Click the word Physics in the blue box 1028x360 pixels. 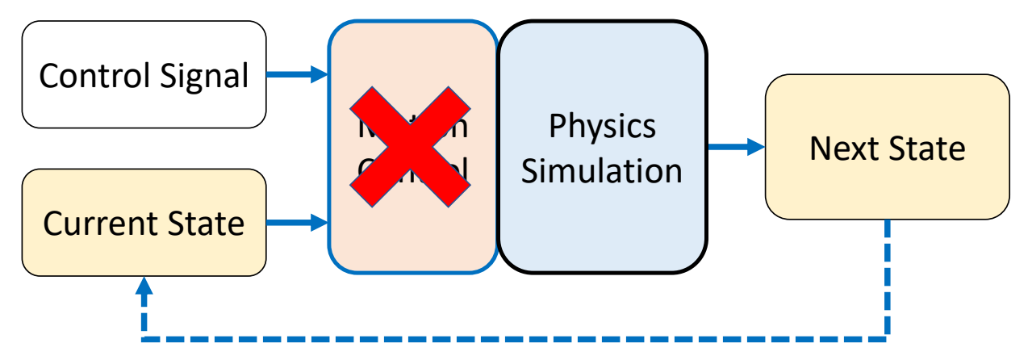(x=602, y=126)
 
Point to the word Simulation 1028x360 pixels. (x=602, y=171)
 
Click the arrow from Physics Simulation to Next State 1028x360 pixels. (x=735, y=147)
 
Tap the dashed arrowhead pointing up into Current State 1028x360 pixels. (x=144, y=286)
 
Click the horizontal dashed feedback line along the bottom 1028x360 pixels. (x=516, y=334)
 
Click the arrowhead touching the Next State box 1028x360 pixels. (x=755, y=147)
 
